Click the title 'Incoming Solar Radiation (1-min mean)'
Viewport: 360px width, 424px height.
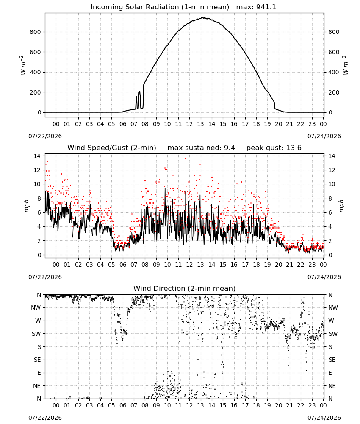click(x=160, y=7)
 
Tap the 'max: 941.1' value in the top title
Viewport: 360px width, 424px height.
click(x=256, y=7)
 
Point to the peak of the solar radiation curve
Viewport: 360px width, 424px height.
click(x=202, y=18)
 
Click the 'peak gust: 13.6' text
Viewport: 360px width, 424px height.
click(x=274, y=148)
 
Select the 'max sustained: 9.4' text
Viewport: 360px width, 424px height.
click(x=201, y=148)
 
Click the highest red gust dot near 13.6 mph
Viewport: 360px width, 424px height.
click(x=186, y=159)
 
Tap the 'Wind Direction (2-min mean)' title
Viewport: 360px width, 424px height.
click(x=185, y=288)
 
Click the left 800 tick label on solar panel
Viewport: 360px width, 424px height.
click(x=35, y=32)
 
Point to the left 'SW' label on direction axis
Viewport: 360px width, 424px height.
click(x=36, y=334)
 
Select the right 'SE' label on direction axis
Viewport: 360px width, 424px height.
click(x=332, y=360)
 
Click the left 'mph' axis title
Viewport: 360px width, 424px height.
click(x=26, y=206)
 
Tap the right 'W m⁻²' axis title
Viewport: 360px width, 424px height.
click(x=346, y=65)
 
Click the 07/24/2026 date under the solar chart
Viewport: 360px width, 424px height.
click(x=324, y=136)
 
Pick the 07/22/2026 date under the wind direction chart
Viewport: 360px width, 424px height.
click(x=45, y=418)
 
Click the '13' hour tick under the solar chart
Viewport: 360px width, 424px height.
click(x=200, y=124)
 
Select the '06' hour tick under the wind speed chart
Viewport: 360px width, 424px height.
click(x=123, y=265)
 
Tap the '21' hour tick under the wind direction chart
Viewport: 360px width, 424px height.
click(x=290, y=405)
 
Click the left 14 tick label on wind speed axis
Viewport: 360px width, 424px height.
click(x=37, y=156)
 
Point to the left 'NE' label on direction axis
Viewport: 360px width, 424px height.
click(x=37, y=386)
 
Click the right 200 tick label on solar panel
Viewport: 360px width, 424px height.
click(x=334, y=92)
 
